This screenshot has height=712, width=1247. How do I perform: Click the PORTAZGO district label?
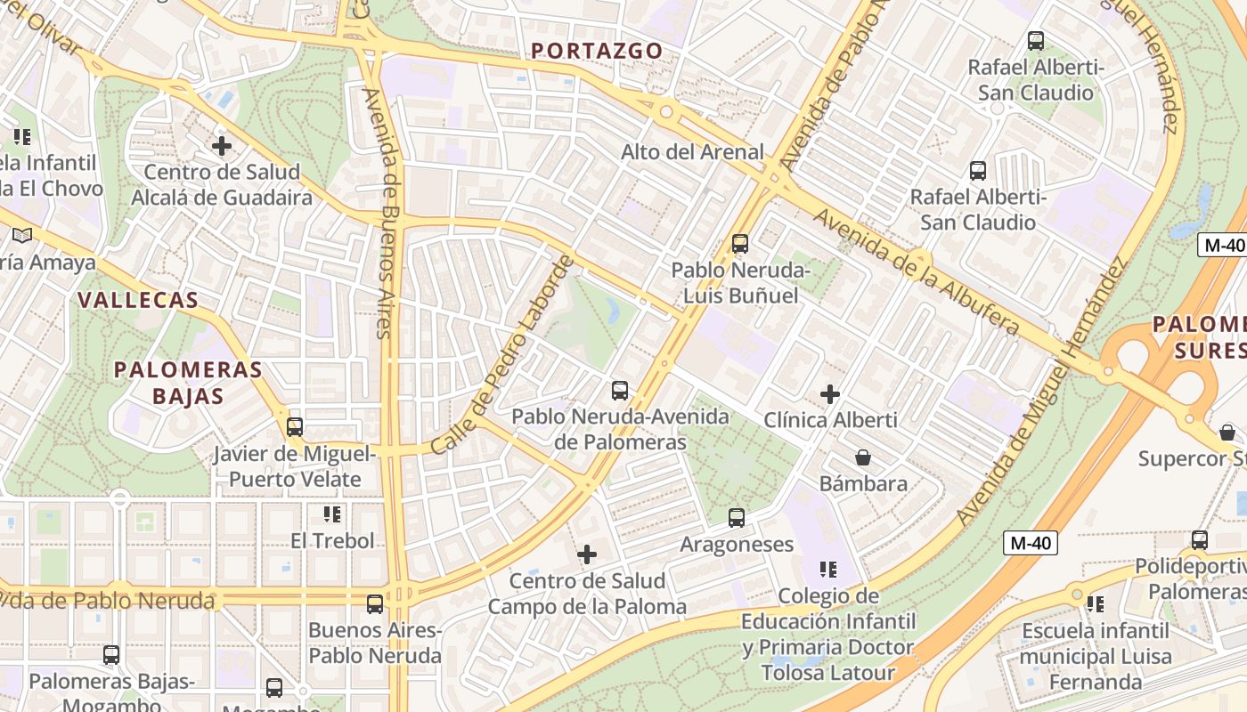(598, 51)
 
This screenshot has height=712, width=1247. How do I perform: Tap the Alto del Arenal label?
(692, 152)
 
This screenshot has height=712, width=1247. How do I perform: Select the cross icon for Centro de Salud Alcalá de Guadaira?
(222, 145)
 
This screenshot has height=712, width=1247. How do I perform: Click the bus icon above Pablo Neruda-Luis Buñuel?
(739, 243)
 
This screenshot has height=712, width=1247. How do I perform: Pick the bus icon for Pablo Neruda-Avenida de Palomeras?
(620, 390)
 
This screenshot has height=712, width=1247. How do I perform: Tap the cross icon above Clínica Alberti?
(830, 393)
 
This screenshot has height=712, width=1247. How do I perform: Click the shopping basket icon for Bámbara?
(862, 457)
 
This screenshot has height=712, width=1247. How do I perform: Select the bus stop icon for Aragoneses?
(736, 517)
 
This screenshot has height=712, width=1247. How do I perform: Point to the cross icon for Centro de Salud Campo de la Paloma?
(587, 554)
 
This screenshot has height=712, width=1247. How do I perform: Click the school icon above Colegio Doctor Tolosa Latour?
(828, 569)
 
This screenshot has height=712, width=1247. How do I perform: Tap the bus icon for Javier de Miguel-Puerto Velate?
(295, 426)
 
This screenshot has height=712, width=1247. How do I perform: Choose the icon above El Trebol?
(332, 514)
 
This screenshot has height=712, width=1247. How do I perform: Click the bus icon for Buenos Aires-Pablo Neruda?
(375, 603)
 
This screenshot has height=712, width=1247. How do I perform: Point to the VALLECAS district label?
(138, 300)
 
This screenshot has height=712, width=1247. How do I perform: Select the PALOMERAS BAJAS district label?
(188, 383)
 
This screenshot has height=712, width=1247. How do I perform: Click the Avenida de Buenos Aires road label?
(379, 214)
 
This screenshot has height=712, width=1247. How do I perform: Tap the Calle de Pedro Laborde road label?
(503, 355)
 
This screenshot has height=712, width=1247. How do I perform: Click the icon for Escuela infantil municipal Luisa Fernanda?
(1095, 603)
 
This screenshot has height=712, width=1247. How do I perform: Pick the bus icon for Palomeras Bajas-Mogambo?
(111, 655)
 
